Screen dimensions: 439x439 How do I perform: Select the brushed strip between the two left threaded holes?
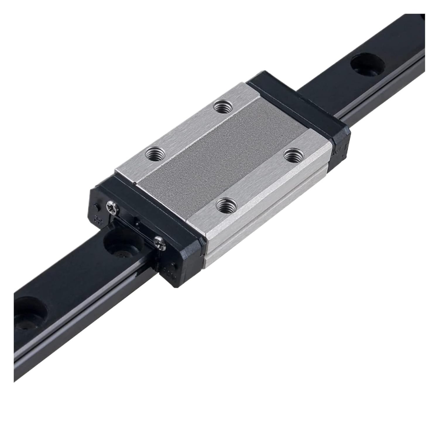pos(187,129)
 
